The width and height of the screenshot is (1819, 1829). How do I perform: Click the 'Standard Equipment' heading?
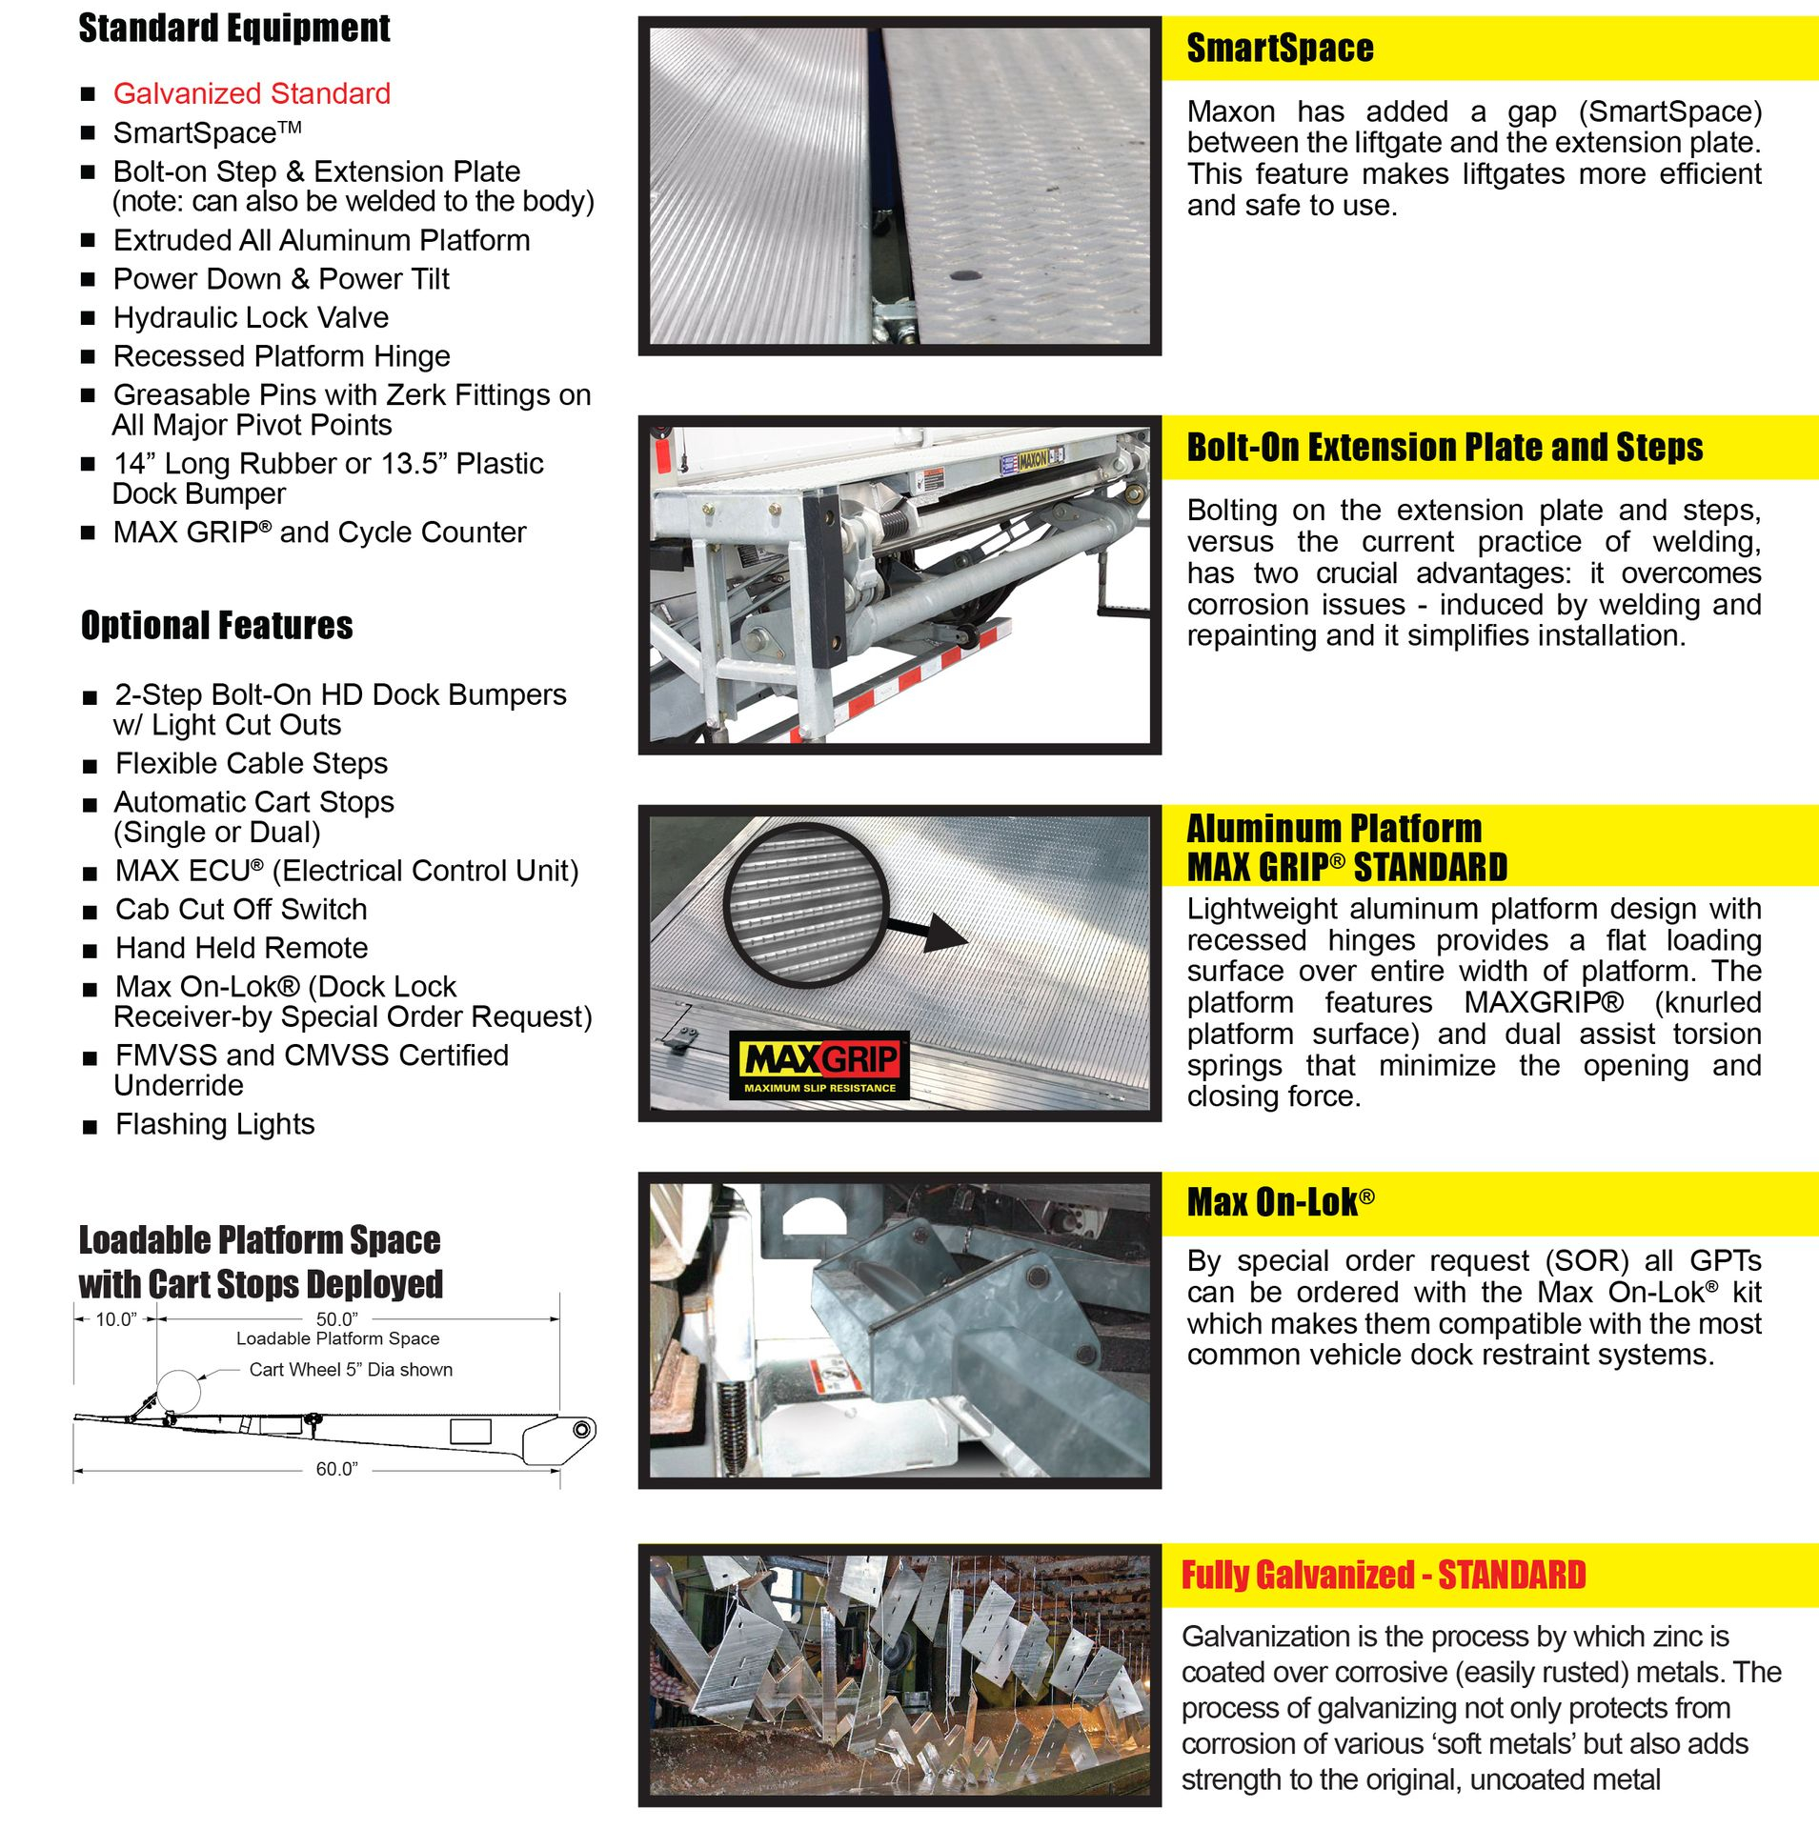(x=233, y=29)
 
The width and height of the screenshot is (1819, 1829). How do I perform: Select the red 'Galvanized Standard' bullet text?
(x=252, y=93)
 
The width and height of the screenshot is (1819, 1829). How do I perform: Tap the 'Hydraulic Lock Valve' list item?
(x=251, y=317)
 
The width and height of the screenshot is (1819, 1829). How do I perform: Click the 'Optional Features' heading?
(x=216, y=626)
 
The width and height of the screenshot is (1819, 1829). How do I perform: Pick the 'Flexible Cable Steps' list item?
(x=252, y=763)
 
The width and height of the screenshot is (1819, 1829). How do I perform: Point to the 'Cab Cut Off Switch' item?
(x=241, y=909)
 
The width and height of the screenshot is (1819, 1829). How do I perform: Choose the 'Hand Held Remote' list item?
(x=241, y=948)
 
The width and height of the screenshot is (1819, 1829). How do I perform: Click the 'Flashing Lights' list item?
(x=214, y=1124)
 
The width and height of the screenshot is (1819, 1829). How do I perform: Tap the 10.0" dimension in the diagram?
(x=115, y=1319)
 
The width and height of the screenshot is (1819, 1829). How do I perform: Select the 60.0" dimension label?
(x=336, y=1469)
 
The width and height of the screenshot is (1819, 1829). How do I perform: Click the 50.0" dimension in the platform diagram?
(x=336, y=1319)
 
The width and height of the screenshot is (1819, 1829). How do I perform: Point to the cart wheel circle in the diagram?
(x=178, y=1392)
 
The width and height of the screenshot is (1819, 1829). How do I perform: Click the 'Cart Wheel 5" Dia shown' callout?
(x=351, y=1370)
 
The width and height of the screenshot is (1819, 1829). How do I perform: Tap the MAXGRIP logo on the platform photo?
(x=819, y=1066)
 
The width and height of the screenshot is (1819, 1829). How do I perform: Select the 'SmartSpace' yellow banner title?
(x=1280, y=49)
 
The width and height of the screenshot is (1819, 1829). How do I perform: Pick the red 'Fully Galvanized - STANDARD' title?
(x=1384, y=1576)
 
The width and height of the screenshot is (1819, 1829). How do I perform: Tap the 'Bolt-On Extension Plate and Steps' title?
(x=1445, y=448)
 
